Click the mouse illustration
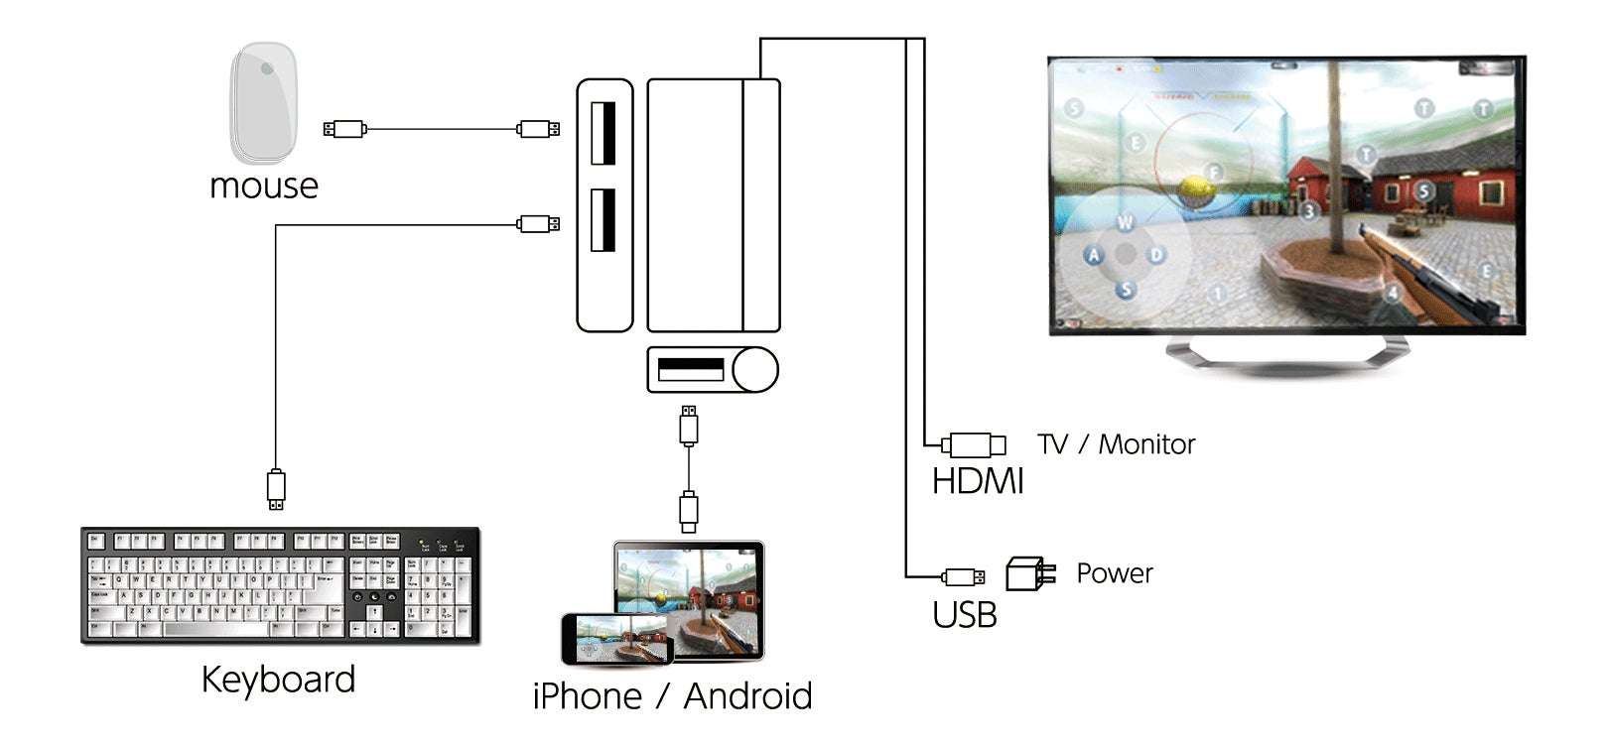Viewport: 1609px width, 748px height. [x=264, y=102]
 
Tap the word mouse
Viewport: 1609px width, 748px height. [x=264, y=187]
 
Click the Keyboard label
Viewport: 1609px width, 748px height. [x=278, y=681]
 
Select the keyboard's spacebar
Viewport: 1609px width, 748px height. [x=214, y=629]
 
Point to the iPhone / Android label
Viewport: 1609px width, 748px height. [x=672, y=696]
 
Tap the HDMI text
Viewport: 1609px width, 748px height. [x=977, y=482]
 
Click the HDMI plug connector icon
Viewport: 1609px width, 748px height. [x=974, y=444]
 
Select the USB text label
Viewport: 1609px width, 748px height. [x=964, y=615]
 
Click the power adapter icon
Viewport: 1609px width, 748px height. [x=1029, y=573]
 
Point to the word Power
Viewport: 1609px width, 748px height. [x=1114, y=573]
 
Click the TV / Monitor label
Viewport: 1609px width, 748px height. [x=1116, y=444]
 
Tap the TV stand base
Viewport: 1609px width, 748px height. [x=1286, y=353]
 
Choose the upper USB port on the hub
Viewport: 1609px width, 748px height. [x=603, y=132]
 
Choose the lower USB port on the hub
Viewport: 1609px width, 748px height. [x=603, y=219]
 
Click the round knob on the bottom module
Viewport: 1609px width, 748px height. [x=755, y=370]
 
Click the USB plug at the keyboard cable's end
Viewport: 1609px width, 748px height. [x=276, y=489]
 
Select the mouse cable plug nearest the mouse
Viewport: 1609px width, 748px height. [x=344, y=128]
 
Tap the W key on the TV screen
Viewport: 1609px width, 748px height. [x=1125, y=222]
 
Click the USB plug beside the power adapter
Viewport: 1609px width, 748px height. [x=963, y=576]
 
